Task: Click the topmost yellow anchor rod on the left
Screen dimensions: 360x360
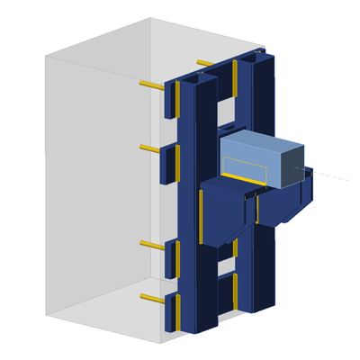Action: [x=151, y=85]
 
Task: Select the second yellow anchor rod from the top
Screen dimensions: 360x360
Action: [x=149, y=148]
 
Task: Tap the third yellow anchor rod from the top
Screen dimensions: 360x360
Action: [x=151, y=244]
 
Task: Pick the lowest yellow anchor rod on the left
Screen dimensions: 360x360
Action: [x=151, y=298]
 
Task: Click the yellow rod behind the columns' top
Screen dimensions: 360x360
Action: [x=205, y=64]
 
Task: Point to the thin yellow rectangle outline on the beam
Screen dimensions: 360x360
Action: [x=244, y=166]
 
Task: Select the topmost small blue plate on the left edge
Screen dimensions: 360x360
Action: [x=169, y=100]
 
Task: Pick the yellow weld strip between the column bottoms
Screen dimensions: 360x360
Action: [x=236, y=288]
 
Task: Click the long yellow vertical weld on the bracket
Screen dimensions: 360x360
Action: [x=201, y=217]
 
